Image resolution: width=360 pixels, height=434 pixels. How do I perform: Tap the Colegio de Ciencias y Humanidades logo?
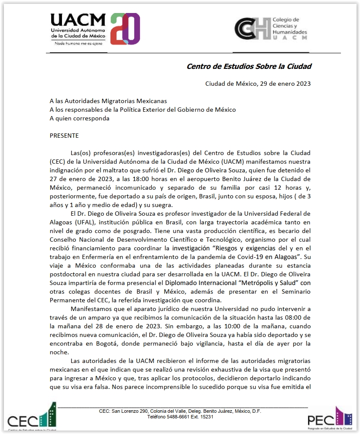point(270,29)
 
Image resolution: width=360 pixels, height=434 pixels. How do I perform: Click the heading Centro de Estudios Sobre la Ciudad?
point(249,66)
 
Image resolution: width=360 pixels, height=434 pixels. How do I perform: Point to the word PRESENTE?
point(64,136)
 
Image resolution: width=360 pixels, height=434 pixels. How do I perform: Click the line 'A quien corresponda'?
point(80,118)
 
